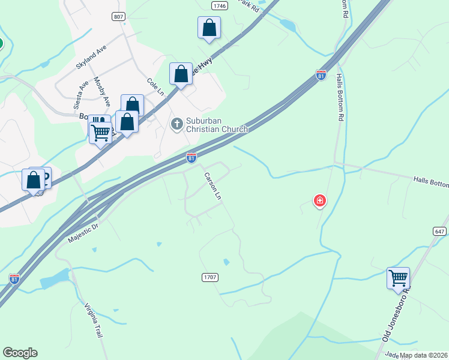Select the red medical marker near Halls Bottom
320,200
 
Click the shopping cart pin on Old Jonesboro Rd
398,278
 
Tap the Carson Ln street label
213,187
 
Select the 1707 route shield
209,277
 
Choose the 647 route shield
439,231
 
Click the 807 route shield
118,17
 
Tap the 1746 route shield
220,5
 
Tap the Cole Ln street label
155,86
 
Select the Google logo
20,353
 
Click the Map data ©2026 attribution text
424,355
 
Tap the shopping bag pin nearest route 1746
209,28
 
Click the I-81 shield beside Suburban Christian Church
191,158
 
